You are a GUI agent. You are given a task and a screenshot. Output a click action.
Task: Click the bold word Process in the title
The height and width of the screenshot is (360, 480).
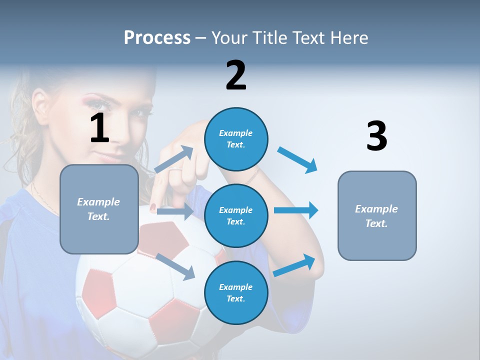coord(157,37)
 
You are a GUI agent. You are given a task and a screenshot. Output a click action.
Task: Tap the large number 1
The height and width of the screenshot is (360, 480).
coord(99,128)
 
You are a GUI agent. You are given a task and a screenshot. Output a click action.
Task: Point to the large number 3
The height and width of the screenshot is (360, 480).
coord(376,136)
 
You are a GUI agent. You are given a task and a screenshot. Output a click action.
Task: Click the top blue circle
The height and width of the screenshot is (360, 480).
coord(236,139)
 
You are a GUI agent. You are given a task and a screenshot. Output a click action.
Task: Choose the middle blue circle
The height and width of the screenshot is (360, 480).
coord(236,215)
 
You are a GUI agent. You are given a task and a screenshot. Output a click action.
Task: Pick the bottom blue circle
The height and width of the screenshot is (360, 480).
coord(236,292)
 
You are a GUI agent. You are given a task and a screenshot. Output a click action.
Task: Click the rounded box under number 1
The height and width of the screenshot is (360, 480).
coord(99,209)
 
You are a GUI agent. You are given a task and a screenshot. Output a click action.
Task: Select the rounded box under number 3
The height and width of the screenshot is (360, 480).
coord(377,215)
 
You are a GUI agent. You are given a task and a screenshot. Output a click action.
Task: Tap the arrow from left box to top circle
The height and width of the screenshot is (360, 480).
coord(174,159)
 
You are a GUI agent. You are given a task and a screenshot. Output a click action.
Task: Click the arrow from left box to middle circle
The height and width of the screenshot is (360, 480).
coord(175,212)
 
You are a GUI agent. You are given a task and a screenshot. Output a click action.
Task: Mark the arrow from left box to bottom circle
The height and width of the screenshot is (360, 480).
coord(175,266)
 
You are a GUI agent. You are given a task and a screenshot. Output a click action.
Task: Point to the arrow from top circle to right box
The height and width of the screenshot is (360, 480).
coord(297,160)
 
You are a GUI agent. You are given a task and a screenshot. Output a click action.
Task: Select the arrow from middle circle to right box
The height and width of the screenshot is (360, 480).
coord(296,210)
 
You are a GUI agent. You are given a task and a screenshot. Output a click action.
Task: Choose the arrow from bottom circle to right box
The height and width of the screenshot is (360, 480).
coord(294,265)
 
